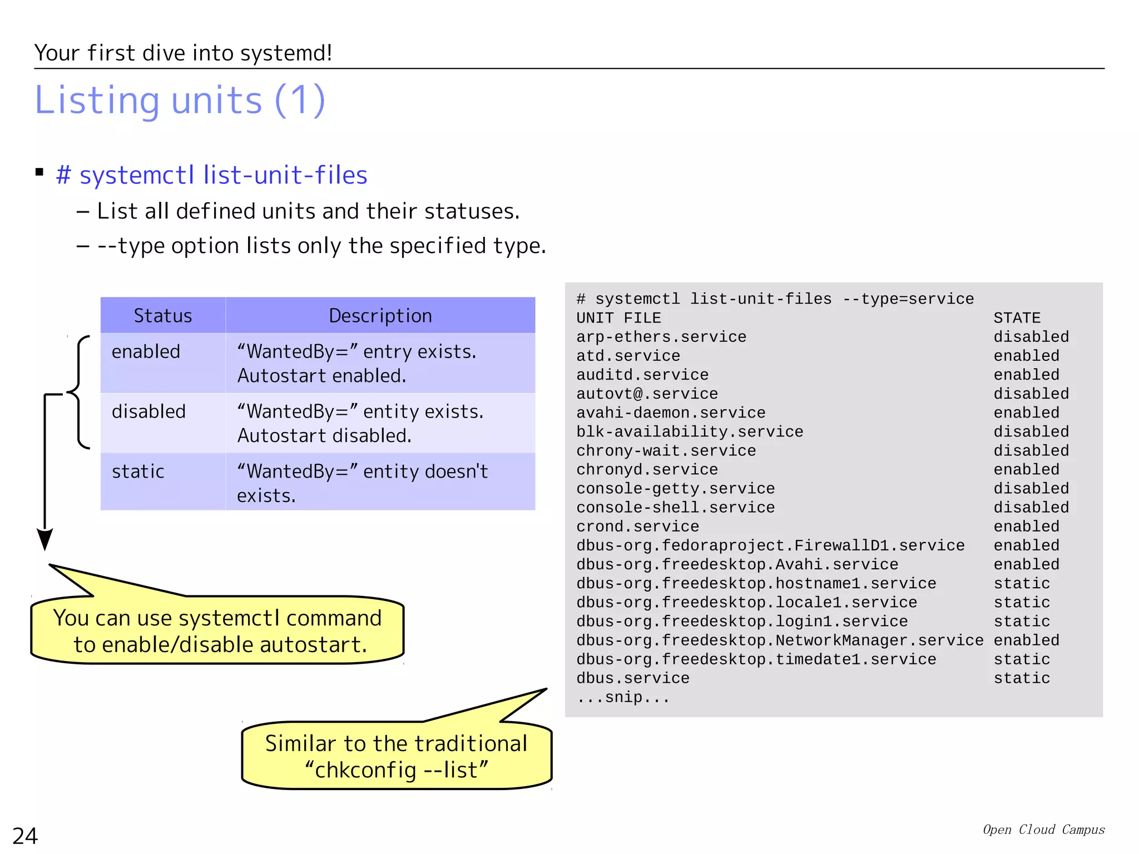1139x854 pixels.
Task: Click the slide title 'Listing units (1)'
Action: (180, 100)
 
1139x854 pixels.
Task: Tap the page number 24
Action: (25, 836)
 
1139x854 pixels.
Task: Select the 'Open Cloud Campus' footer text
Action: (1043, 830)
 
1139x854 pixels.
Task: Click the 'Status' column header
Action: (162, 316)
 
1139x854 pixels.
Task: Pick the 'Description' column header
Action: (380, 316)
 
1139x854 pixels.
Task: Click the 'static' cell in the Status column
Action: (138, 471)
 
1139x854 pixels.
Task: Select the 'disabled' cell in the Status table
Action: (148, 411)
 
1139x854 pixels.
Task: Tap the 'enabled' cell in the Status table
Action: (146, 351)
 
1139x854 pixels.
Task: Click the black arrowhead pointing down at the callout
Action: (44, 539)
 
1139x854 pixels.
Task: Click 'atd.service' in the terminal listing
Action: (628, 356)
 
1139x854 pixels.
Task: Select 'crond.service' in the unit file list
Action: (637, 527)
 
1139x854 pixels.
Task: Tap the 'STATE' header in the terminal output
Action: (1017, 318)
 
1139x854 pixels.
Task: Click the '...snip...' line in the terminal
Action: (623, 697)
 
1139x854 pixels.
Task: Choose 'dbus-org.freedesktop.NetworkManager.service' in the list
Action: (780, 640)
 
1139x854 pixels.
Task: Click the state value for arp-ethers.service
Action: (1031, 337)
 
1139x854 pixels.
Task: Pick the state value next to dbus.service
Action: (1022, 678)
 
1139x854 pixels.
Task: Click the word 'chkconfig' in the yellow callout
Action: (365, 770)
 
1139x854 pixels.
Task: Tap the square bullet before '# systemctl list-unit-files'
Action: (39, 172)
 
